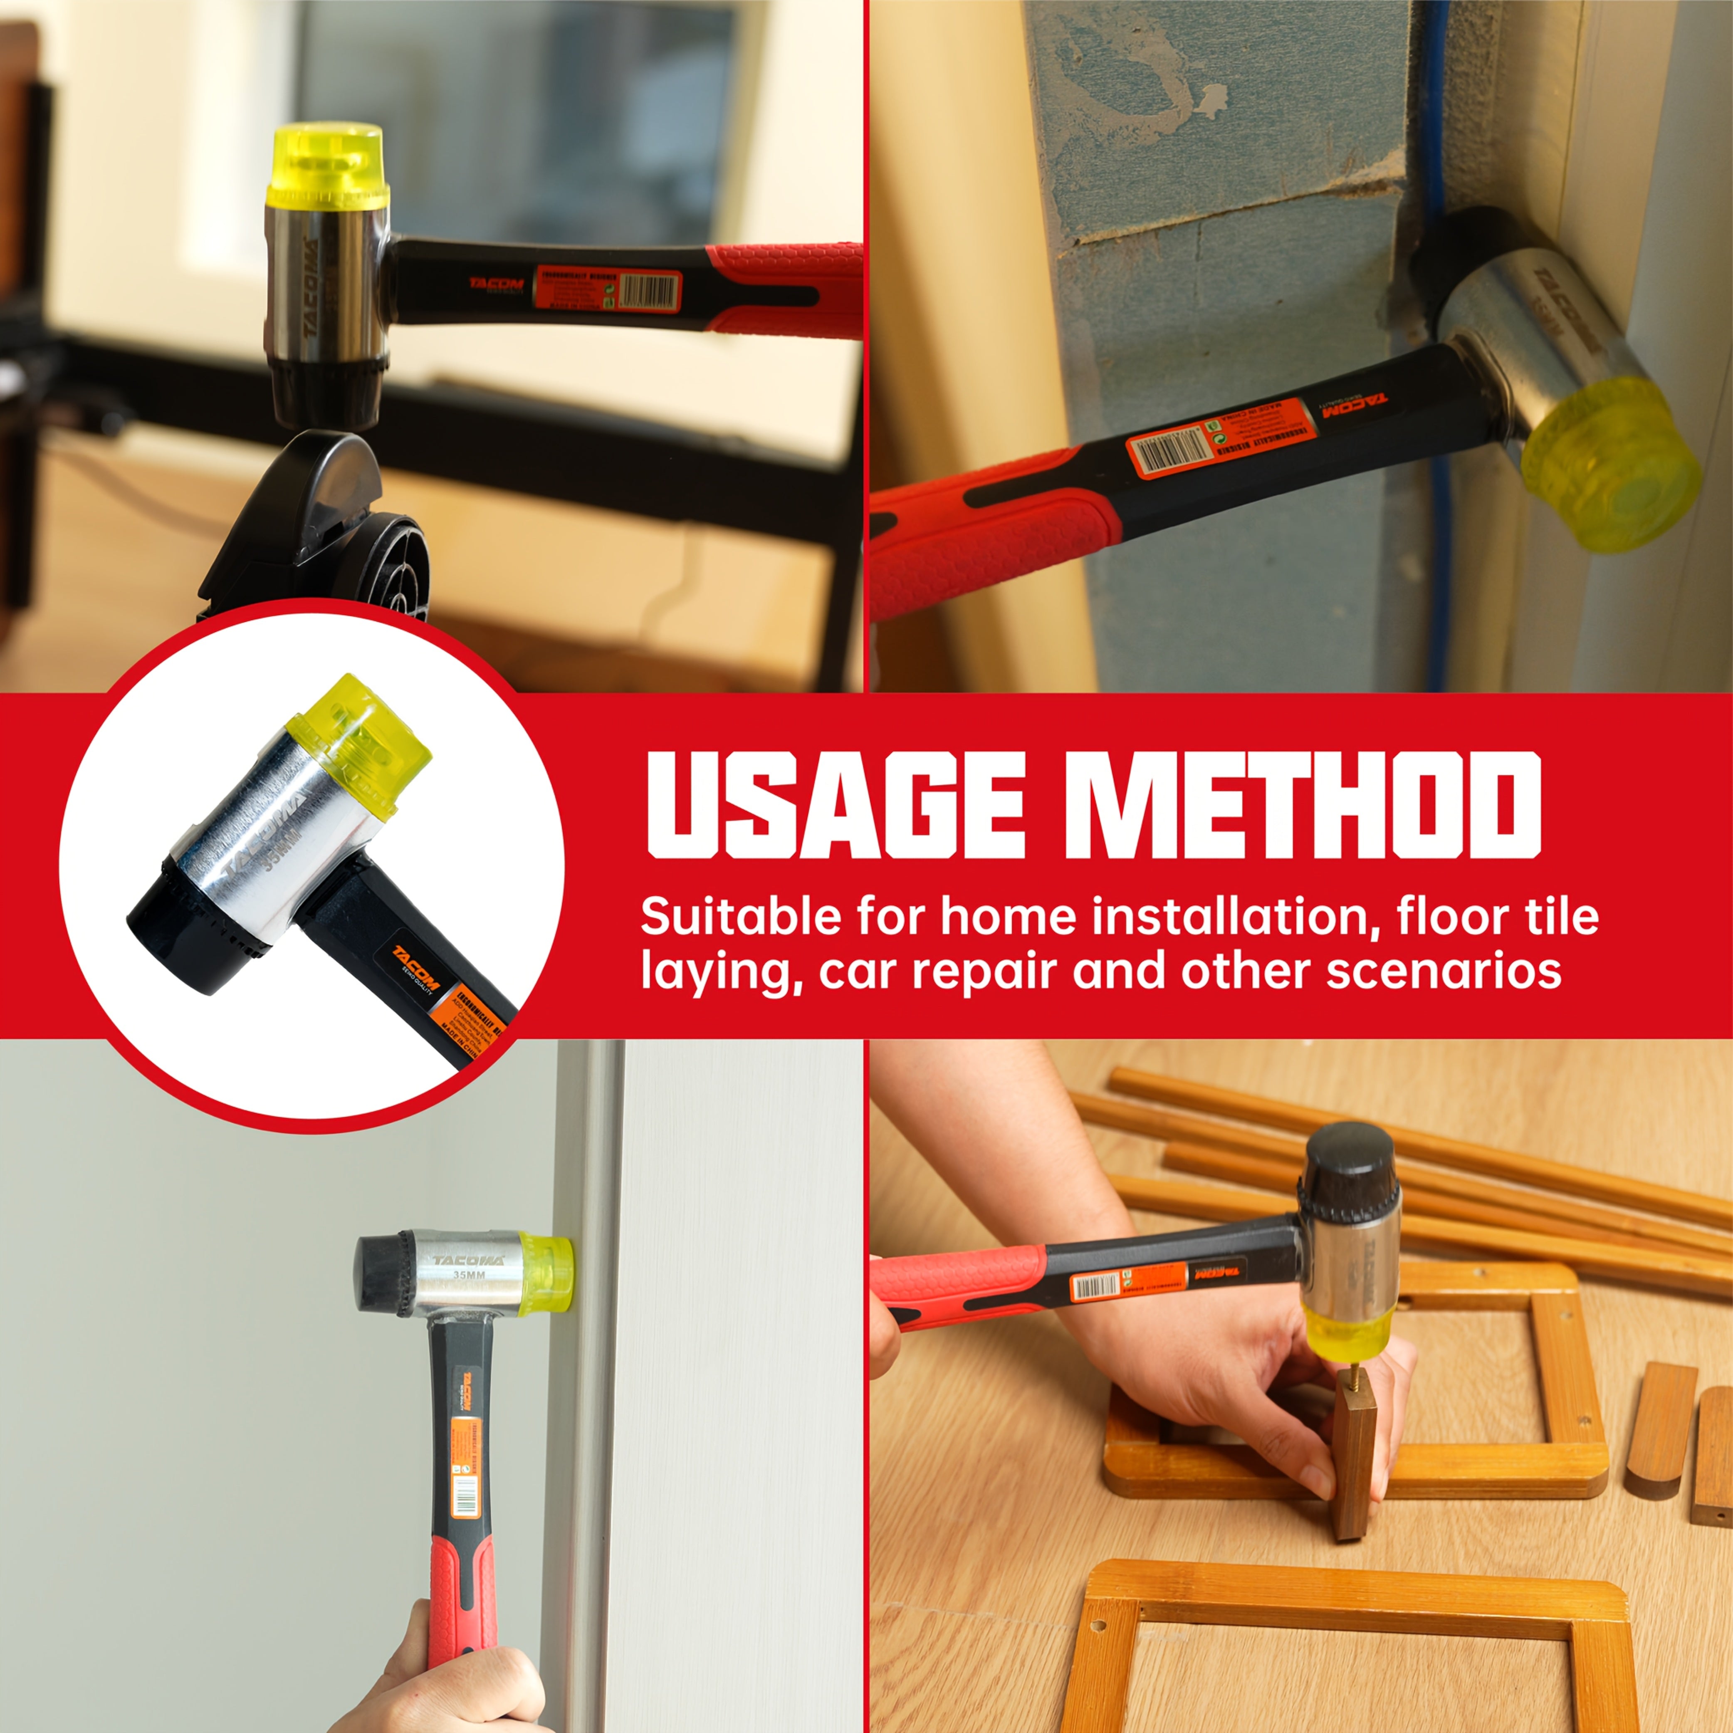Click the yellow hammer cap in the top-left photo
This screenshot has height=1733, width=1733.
pyautogui.click(x=328, y=167)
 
